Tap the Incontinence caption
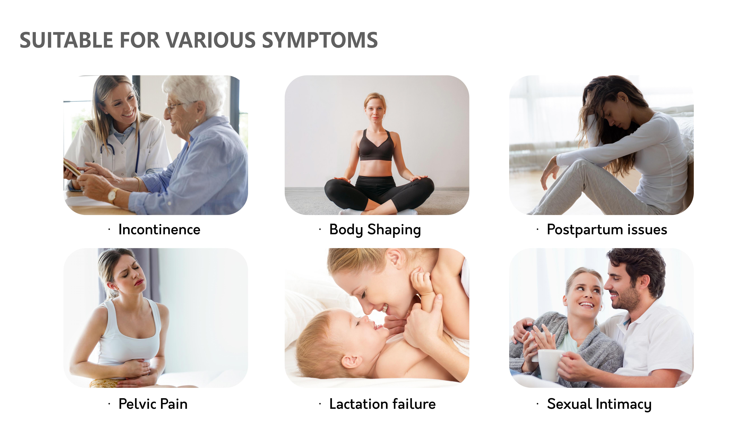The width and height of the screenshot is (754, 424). pos(159,229)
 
